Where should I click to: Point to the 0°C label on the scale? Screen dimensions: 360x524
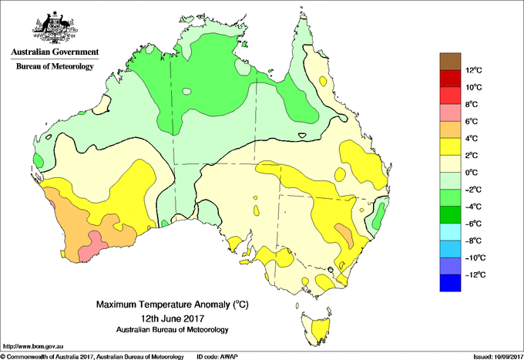pos(473,173)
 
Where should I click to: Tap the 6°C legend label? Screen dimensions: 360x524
pos(473,122)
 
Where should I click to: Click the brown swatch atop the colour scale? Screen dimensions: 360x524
pos(449,62)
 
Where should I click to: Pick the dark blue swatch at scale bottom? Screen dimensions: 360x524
pos(449,282)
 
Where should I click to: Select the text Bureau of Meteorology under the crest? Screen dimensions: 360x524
pos(55,67)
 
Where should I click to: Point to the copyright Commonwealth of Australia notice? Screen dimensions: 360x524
pos(92,356)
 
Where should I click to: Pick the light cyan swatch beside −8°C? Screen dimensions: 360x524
pos(449,231)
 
